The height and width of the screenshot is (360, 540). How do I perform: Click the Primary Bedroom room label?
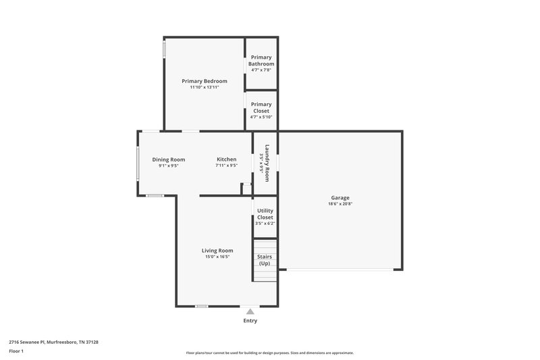(x=205, y=81)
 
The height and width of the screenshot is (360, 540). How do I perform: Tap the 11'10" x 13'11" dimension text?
(x=205, y=87)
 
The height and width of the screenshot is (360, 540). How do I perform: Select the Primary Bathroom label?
(x=261, y=61)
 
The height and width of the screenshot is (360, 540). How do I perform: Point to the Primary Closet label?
(x=261, y=107)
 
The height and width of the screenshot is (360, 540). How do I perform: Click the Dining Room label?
(x=168, y=159)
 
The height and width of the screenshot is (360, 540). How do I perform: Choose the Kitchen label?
(x=226, y=159)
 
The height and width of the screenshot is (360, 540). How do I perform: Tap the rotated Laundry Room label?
(x=267, y=163)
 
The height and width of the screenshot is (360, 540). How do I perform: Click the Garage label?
(x=340, y=198)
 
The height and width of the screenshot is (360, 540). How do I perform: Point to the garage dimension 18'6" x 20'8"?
(x=340, y=204)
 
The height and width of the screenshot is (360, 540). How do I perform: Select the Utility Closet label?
(x=265, y=214)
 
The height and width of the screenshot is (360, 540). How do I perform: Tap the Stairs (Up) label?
(x=264, y=260)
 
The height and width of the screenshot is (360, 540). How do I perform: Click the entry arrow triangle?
(x=250, y=311)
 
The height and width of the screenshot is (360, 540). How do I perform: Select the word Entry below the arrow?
(x=250, y=321)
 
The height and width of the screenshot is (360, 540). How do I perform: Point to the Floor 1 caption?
(x=16, y=352)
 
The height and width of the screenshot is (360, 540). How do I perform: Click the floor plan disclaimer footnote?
(x=270, y=353)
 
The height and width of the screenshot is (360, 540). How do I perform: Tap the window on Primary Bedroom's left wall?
(x=164, y=51)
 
